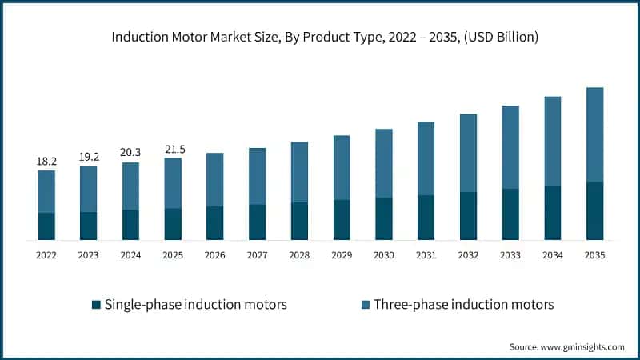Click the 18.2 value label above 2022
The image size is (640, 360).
pos(46,162)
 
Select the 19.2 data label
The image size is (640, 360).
pos(89,158)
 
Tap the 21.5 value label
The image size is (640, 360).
pos(173,149)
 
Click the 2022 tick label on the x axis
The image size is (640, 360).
pos(46,255)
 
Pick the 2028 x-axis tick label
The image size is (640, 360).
pos(299,255)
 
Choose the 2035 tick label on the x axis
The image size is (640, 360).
pos(594,255)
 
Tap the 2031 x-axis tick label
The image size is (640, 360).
pos(426,255)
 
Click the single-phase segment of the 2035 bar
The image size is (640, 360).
pos(594,211)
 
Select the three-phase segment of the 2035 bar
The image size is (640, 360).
pos(594,134)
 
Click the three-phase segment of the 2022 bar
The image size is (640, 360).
pos(46,191)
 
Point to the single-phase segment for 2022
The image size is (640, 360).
pos(46,226)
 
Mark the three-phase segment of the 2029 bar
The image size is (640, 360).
pos(342,167)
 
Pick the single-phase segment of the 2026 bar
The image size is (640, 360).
pos(215,223)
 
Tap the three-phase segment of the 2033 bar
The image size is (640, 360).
pos(510,147)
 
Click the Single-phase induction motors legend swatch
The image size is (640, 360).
pos(97,304)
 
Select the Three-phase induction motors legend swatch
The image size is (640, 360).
pos(366,304)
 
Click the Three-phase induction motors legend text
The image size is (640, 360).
pos(464,304)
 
